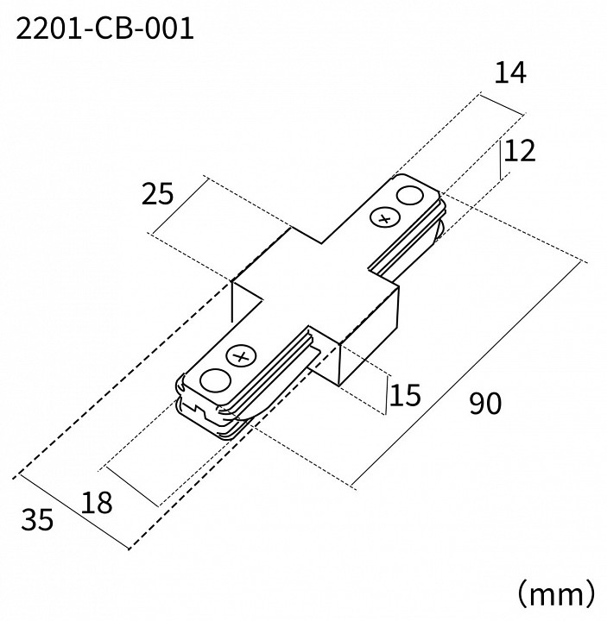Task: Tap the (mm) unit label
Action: coord(555,593)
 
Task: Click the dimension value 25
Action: coord(157,194)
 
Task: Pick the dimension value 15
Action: coord(403,396)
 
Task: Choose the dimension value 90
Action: coord(486,403)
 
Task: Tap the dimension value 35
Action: coord(37,519)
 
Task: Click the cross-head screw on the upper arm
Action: coord(380,219)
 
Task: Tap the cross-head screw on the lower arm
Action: coord(240,355)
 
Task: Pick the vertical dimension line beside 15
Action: coord(385,396)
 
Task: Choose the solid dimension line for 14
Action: coord(503,102)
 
